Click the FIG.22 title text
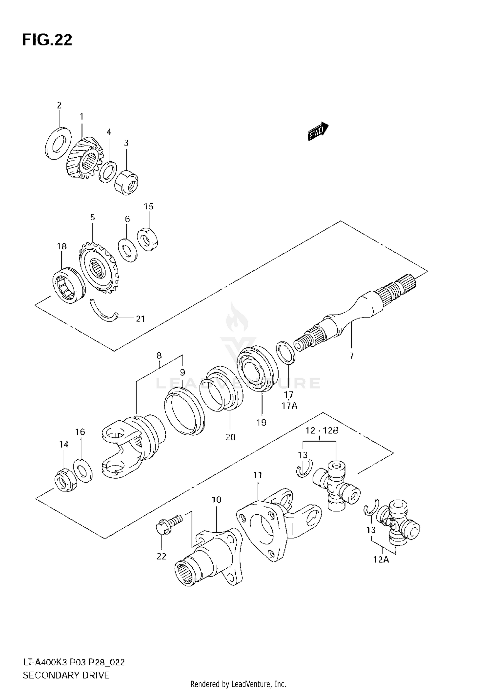(x=47, y=40)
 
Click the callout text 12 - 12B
(x=321, y=431)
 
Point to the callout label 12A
(x=381, y=568)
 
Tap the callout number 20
(x=231, y=437)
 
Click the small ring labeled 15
(x=148, y=239)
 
